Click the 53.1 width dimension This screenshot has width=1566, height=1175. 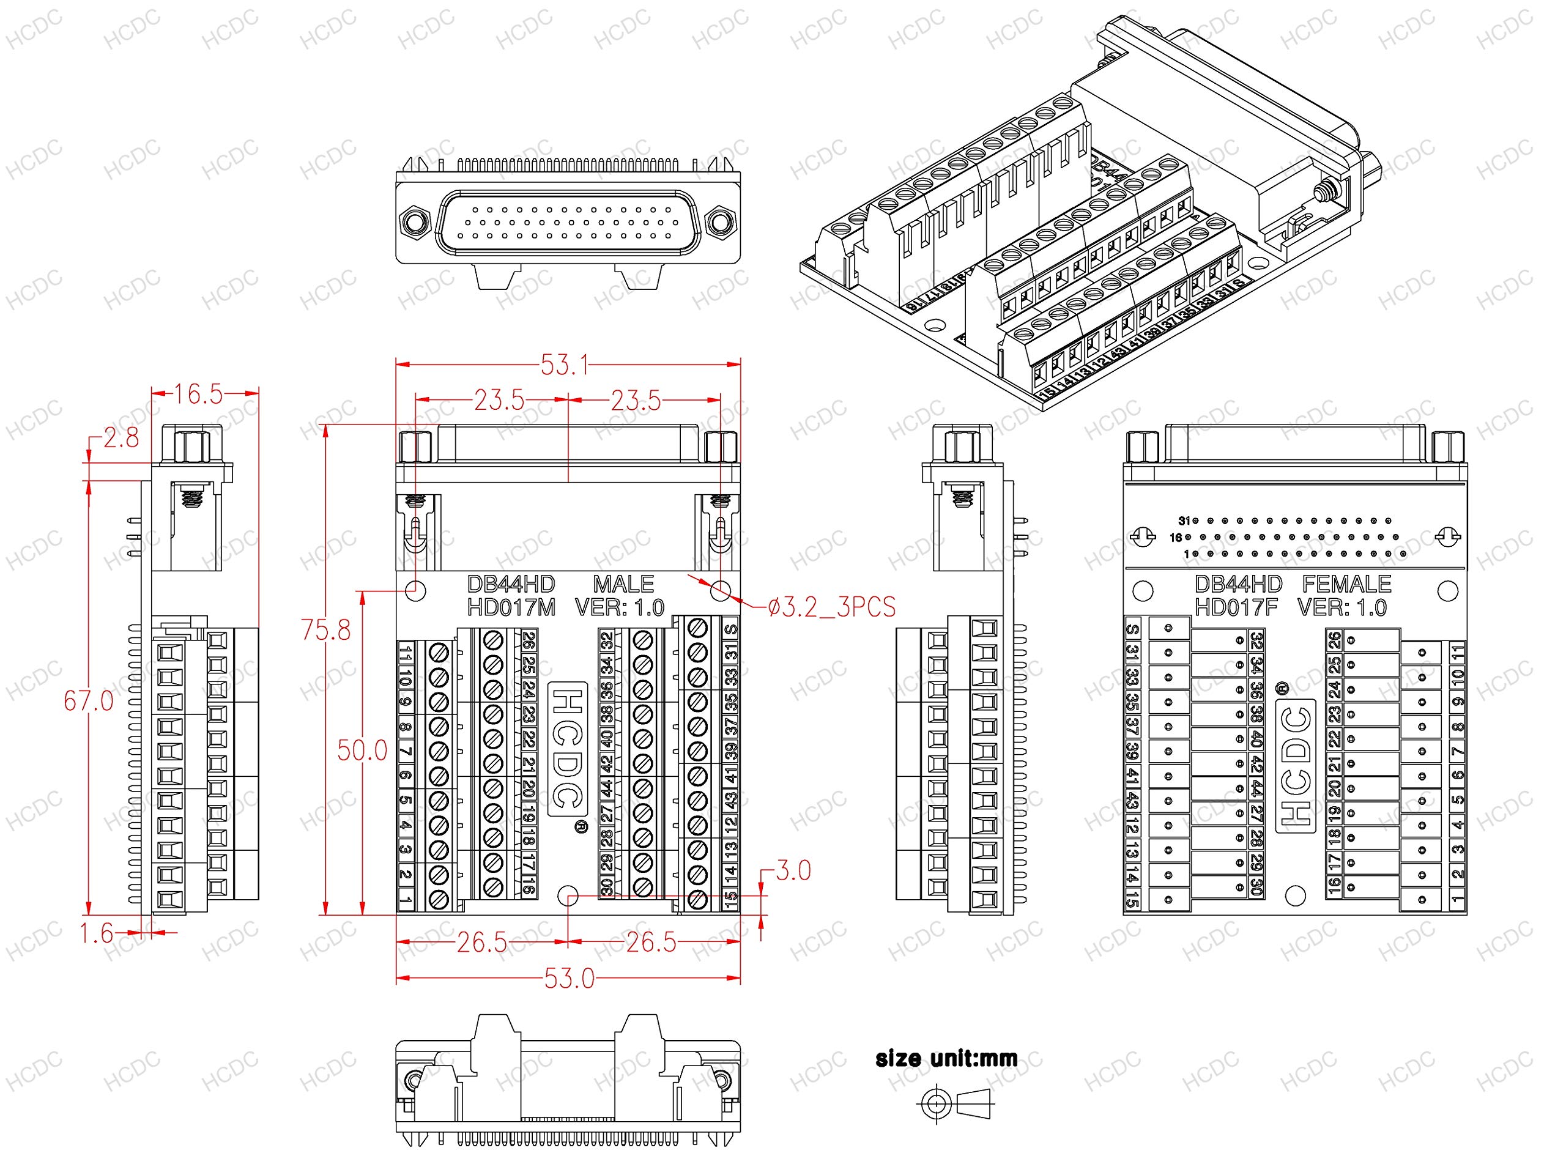click(564, 366)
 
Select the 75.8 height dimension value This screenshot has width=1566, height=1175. click(325, 629)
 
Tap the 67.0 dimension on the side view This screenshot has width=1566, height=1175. click(89, 701)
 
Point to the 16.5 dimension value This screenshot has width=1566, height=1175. click(198, 395)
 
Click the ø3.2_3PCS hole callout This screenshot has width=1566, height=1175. click(832, 607)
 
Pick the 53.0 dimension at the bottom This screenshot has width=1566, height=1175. click(569, 979)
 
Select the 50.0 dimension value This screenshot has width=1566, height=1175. click(362, 751)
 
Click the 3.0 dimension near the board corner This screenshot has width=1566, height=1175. click(793, 870)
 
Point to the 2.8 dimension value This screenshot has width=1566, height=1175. click(121, 438)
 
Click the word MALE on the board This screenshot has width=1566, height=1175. click(623, 584)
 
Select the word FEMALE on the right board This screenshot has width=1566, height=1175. click(1346, 584)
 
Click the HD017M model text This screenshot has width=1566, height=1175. click(511, 607)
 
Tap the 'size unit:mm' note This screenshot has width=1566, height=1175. click(946, 1059)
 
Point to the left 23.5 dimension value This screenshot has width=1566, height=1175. click(499, 401)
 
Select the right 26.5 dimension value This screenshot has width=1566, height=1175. click(651, 942)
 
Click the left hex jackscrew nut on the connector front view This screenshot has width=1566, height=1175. click(414, 222)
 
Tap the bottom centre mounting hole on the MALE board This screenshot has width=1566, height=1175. click(568, 896)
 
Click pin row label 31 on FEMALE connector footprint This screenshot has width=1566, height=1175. click(1184, 521)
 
